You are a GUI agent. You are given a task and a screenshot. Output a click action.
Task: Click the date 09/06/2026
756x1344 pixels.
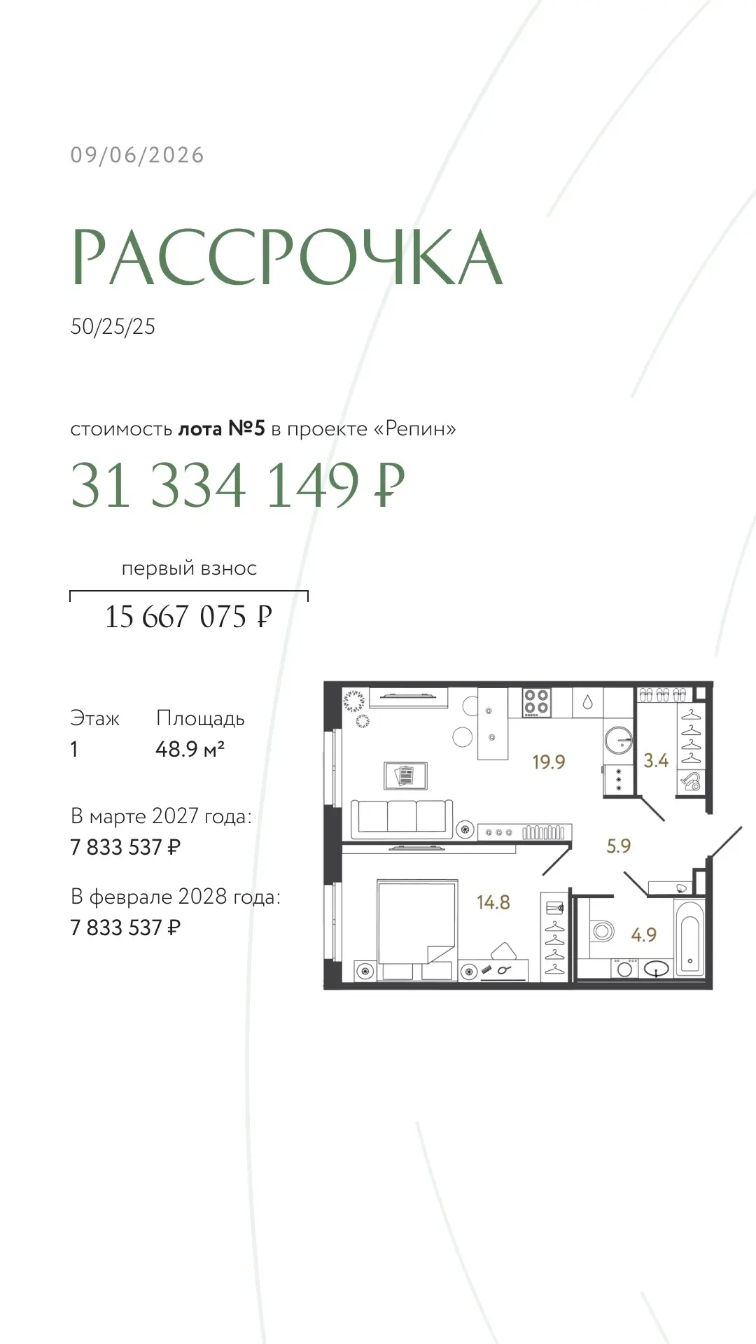coord(137,155)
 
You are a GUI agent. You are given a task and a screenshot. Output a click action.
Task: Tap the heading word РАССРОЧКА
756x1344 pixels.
coord(288,257)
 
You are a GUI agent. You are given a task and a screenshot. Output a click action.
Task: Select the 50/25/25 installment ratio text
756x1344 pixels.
coord(113,327)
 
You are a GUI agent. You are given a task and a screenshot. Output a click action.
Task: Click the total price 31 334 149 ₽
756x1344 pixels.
coord(238,484)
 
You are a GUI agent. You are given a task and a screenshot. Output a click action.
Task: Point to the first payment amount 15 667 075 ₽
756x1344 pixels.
coord(188,617)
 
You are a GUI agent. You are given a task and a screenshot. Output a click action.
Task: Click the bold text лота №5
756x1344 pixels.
coord(221,428)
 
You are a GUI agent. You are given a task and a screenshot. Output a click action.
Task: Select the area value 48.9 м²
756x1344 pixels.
coord(190,749)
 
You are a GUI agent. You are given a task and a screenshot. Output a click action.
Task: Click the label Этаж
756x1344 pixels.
coord(94,718)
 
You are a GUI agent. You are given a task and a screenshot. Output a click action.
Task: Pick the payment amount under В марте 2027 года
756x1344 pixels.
coord(125,847)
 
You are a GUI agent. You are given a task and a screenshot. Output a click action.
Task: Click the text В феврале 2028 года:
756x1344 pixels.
coord(176,897)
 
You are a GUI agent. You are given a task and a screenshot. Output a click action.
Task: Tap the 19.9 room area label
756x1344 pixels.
coord(548,762)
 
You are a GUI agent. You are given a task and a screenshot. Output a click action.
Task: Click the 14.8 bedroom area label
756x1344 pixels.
coord(493,902)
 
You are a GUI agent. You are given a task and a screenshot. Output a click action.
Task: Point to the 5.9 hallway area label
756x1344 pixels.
coord(619,846)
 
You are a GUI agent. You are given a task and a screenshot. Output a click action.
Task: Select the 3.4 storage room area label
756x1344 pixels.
coord(656,760)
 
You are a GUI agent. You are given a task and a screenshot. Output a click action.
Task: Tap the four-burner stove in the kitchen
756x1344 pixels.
coord(536,702)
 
